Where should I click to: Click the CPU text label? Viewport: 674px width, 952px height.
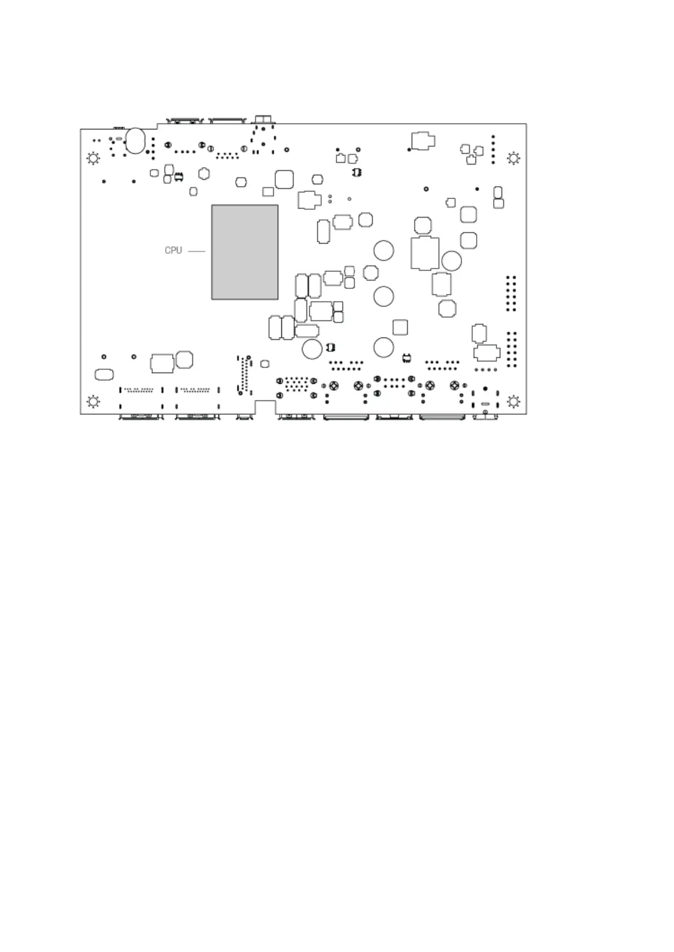point(173,250)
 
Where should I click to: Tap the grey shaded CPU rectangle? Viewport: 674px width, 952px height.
point(244,252)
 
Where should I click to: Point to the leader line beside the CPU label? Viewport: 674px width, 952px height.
point(196,250)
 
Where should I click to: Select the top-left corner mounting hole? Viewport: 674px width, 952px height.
point(93,158)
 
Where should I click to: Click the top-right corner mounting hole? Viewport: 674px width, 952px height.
point(513,158)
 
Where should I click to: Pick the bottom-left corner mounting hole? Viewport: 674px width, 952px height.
point(93,402)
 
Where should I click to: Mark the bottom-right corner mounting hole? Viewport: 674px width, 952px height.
point(513,402)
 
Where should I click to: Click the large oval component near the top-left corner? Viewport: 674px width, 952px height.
point(136,140)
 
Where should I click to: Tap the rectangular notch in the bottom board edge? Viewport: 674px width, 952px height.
point(265,407)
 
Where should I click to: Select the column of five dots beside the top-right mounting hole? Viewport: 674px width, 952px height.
point(493,149)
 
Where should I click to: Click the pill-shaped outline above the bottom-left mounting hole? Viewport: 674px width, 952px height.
point(105,374)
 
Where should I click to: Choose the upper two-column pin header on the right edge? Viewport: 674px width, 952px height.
point(511,293)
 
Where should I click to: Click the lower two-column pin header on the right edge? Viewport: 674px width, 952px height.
point(511,349)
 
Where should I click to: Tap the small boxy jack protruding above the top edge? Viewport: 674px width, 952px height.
point(263,119)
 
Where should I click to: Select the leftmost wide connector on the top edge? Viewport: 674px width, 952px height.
point(183,120)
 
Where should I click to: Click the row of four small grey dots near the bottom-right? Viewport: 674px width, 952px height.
point(486,370)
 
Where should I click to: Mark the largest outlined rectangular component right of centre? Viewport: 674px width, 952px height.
point(425,253)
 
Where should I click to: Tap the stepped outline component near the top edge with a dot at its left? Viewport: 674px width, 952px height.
point(422,141)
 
